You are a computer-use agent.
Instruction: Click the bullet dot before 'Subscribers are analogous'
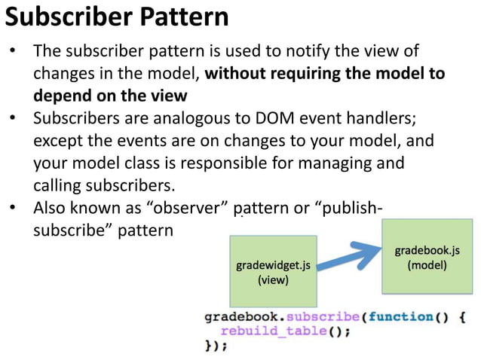tap(14, 119)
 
